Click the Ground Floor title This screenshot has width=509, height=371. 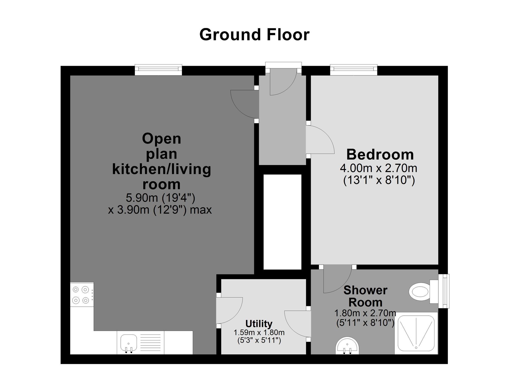(x=254, y=35)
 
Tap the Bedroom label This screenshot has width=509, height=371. (x=380, y=154)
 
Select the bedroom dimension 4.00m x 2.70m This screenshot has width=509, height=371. (x=378, y=168)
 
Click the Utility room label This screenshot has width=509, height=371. (x=259, y=324)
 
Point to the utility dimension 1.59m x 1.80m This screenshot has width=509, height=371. (x=259, y=332)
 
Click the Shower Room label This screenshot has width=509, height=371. (x=365, y=296)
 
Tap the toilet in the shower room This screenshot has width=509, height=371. (x=424, y=292)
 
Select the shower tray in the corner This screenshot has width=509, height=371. (x=416, y=333)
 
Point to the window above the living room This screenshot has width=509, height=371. (x=158, y=70)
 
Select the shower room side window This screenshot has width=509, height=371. (x=444, y=291)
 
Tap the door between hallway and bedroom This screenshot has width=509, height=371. (x=320, y=139)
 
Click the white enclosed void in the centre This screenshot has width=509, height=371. (x=282, y=222)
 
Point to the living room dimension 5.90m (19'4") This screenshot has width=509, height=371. (x=161, y=198)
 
